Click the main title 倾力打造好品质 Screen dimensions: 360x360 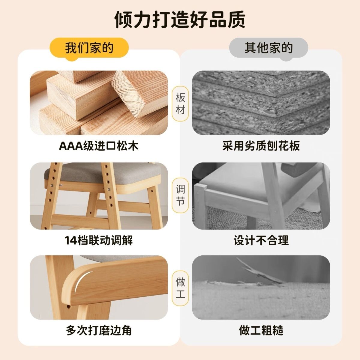180,19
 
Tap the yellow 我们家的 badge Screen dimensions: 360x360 89,48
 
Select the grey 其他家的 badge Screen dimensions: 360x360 268,48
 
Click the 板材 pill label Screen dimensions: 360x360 180,103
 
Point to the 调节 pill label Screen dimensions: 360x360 180,195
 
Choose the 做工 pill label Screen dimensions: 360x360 180,288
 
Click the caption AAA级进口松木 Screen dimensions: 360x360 99,146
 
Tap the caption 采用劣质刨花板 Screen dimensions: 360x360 261,146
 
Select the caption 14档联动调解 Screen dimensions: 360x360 99,240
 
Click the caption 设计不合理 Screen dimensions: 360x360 261,240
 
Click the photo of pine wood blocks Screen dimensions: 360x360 99,103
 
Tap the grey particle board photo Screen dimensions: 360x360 261,103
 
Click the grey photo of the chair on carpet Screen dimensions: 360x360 261,196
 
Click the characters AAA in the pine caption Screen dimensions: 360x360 71,146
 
